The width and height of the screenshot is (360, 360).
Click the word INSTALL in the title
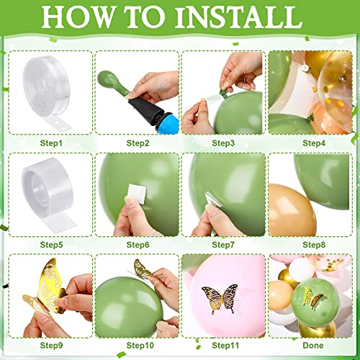coord(239,17)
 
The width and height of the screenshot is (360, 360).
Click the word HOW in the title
coord(77,17)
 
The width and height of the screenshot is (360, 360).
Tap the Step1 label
coord(51,143)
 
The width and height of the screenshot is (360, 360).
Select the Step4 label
coord(314,143)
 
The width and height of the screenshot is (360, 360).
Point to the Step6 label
coord(138,245)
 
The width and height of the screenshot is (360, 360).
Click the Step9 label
coord(51,346)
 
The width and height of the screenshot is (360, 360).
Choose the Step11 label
coord(225,346)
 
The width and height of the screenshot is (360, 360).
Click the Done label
coord(313,346)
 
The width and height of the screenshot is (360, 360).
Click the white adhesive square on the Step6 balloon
coord(137,194)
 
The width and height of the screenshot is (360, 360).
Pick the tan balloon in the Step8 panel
coord(291,210)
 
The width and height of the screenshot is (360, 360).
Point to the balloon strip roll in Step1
coord(46,92)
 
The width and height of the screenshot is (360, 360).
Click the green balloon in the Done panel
coord(315,302)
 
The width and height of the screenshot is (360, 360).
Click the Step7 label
coord(223,245)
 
